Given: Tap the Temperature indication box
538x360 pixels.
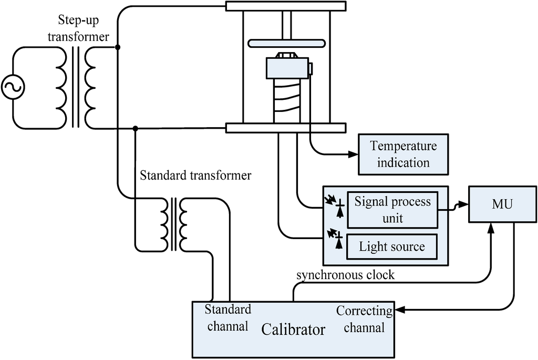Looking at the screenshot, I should point(403,154).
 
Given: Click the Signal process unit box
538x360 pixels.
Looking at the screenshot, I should point(392,209).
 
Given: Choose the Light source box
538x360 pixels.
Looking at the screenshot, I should point(392,246).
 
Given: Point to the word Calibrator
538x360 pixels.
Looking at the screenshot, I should point(293,330).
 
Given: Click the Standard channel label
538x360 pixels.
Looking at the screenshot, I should point(227,317).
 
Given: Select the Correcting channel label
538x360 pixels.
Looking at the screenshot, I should point(364,319).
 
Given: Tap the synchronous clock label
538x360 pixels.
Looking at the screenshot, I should point(345,275).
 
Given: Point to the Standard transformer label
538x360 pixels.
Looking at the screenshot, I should point(195,175).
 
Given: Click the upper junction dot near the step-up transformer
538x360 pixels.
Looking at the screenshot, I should point(118,47).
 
